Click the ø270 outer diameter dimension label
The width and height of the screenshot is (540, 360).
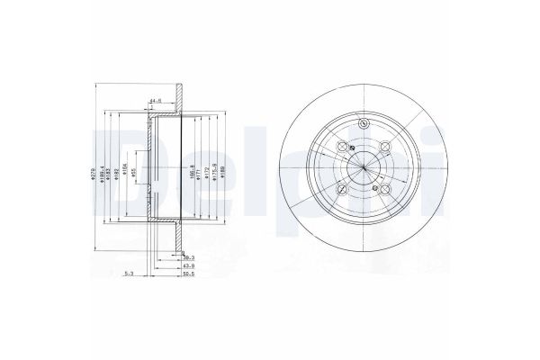(93, 175)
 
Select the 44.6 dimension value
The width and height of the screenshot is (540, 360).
(155, 102)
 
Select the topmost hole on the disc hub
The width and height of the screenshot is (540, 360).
(363, 125)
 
